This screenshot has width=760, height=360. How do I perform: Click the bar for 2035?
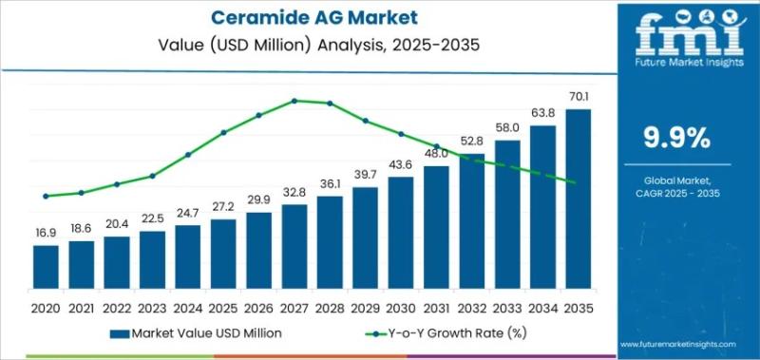578,199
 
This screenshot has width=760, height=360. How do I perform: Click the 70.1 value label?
578,97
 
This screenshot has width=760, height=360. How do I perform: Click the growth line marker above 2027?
294,100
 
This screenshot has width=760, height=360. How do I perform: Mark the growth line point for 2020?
46,197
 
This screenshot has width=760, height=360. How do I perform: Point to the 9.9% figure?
676,139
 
